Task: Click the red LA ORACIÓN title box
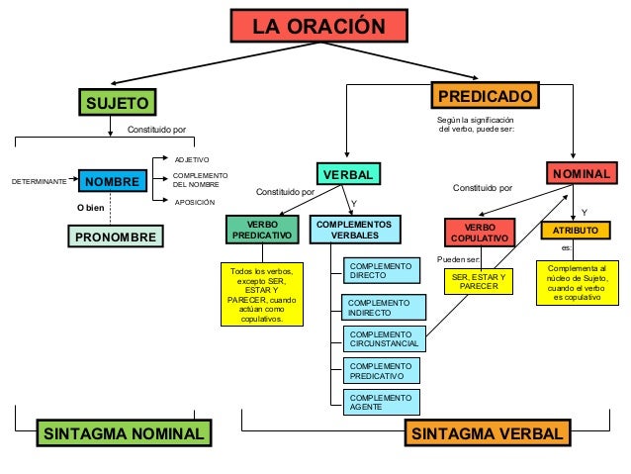pos(317,27)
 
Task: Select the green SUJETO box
pos(118,103)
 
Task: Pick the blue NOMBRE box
pos(112,182)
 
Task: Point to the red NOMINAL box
pos(582,174)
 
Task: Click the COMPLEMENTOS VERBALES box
pos(354,231)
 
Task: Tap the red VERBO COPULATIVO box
pos(480,234)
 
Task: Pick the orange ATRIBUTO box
pos(576,230)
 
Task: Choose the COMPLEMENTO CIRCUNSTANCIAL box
pos(384,339)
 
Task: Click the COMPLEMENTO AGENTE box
pos(381,402)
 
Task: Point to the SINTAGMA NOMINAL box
pos(124,434)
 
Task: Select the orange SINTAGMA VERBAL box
pos(488,434)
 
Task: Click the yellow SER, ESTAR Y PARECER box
pos(478,282)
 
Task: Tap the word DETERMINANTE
pos(38,182)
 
